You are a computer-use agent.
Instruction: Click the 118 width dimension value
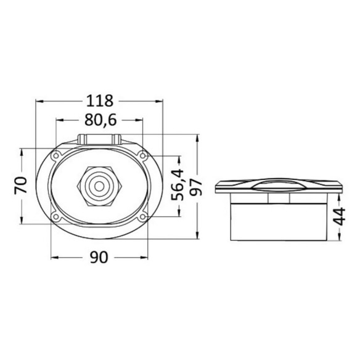click(100, 101)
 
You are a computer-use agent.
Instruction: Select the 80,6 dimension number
click(100, 120)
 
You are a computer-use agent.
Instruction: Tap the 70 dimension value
click(21, 186)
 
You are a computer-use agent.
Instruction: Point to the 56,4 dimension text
click(178, 184)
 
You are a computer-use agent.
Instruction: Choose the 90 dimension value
click(99, 258)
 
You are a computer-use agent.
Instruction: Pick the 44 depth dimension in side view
click(340, 216)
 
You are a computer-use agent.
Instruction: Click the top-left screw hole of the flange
click(56, 156)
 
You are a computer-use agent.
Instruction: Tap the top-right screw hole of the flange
click(142, 156)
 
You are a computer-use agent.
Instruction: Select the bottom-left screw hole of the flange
click(55, 216)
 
